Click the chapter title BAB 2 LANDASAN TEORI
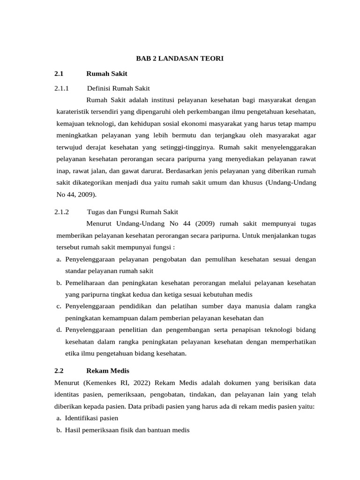tap(180, 58)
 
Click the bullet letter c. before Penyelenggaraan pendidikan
tap(59, 306)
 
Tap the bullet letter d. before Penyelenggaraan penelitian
tap(59, 330)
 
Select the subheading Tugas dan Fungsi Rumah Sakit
tap(133, 211)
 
